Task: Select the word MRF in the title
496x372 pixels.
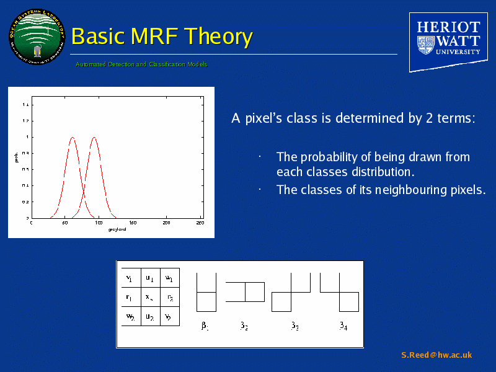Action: click(x=149, y=37)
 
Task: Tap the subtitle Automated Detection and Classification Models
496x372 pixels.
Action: click(x=141, y=65)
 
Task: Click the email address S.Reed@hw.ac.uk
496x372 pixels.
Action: click(x=436, y=355)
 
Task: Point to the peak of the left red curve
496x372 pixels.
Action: click(x=73, y=138)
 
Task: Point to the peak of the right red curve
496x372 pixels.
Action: click(x=94, y=138)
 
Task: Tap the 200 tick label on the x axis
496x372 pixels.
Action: click(x=166, y=223)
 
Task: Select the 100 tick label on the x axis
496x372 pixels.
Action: click(x=99, y=223)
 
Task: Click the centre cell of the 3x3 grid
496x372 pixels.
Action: click(x=149, y=298)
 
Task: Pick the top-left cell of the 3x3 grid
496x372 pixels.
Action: click(x=130, y=278)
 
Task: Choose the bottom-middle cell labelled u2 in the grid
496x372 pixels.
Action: click(x=149, y=316)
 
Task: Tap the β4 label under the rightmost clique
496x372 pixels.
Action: click(x=343, y=325)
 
